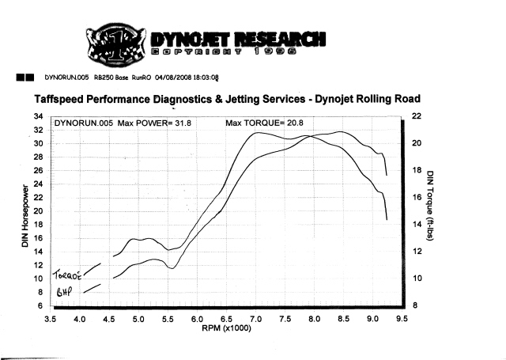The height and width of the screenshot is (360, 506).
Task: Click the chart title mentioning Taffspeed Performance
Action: [x=228, y=100]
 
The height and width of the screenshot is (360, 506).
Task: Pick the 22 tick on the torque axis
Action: [x=418, y=116]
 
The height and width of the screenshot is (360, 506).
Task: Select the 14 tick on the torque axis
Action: [x=418, y=225]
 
